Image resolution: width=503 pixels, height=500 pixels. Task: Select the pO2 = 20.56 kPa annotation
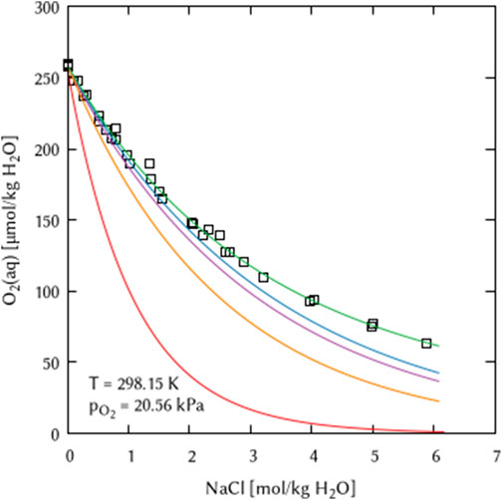[x=138, y=406]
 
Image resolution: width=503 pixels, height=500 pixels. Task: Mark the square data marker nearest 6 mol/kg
[x=426, y=344]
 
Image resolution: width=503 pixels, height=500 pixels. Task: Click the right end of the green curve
[x=439, y=347]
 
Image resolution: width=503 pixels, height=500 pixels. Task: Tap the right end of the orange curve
[x=439, y=401]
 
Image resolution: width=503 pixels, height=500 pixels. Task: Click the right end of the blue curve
[x=439, y=374]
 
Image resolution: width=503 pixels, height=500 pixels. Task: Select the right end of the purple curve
[x=439, y=382]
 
